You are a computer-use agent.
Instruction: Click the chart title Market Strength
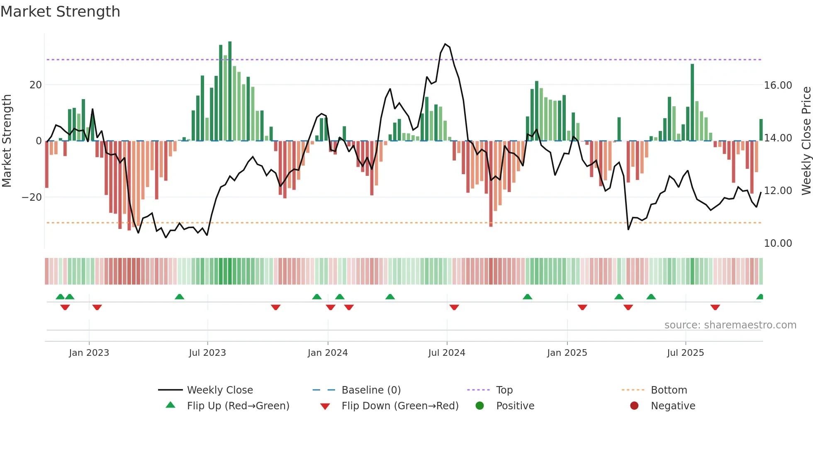click(60, 12)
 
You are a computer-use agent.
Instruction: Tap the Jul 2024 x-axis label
click(446, 353)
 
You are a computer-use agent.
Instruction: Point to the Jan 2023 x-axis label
click(89, 353)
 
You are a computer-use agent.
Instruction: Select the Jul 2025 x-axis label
click(685, 353)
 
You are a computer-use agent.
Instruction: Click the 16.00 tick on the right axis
click(778, 85)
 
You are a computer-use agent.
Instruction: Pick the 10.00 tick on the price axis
click(778, 243)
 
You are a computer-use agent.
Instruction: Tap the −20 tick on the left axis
click(32, 197)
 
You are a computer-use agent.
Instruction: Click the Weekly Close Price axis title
click(806, 141)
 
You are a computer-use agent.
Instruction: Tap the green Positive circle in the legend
click(480, 406)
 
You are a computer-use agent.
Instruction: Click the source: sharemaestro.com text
click(730, 325)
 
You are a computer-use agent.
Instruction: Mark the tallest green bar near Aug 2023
click(230, 91)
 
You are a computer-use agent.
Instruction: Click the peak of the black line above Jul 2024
click(445, 44)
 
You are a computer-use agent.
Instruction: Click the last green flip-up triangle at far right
click(760, 297)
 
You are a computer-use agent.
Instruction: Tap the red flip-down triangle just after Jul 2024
click(454, 307)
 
